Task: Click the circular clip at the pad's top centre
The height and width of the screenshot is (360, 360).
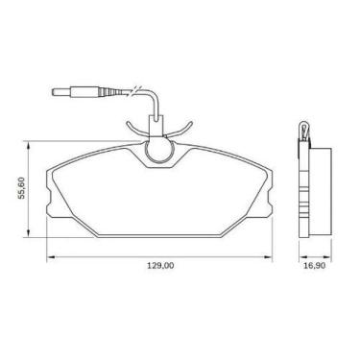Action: tap(159, 151)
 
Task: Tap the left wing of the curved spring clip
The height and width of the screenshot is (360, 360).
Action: tap(134, 128)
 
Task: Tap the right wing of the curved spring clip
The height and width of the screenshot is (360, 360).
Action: tap(185, 128)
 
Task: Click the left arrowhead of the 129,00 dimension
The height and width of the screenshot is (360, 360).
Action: tap(51, 257)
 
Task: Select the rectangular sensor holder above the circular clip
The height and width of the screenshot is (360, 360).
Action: tap(159, 124)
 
